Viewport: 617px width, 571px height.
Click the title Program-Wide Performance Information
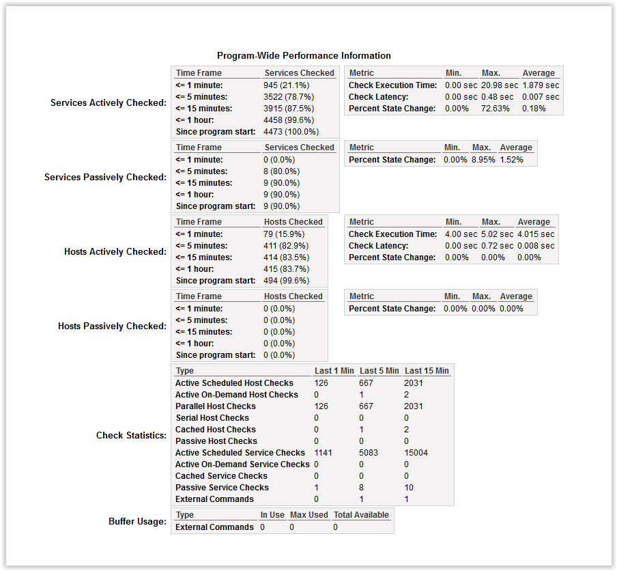click(304, 55)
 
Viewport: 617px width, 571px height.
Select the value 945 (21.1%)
click(286, 85)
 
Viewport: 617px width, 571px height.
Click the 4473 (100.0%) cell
click(291, 132)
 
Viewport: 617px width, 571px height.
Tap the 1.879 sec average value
click(541, 85)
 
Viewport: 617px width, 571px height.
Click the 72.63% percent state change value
click(496, 109)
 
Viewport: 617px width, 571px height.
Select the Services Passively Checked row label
click(105, 177)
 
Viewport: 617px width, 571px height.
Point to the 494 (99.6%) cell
click(286, 281)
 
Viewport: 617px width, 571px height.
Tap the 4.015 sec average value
click(536, 234)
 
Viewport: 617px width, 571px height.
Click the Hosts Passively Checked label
click(112, 326)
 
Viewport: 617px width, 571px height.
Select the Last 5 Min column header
click(379, 371)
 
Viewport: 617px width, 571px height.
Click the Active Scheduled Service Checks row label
click(240, 453)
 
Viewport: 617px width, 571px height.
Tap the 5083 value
click(369, 453)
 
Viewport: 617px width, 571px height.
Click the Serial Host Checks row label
click(212, 418)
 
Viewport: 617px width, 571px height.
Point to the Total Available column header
click(361, 515)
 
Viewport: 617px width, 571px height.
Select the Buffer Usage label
click(137, 521)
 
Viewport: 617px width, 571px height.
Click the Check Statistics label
click(131, 435)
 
